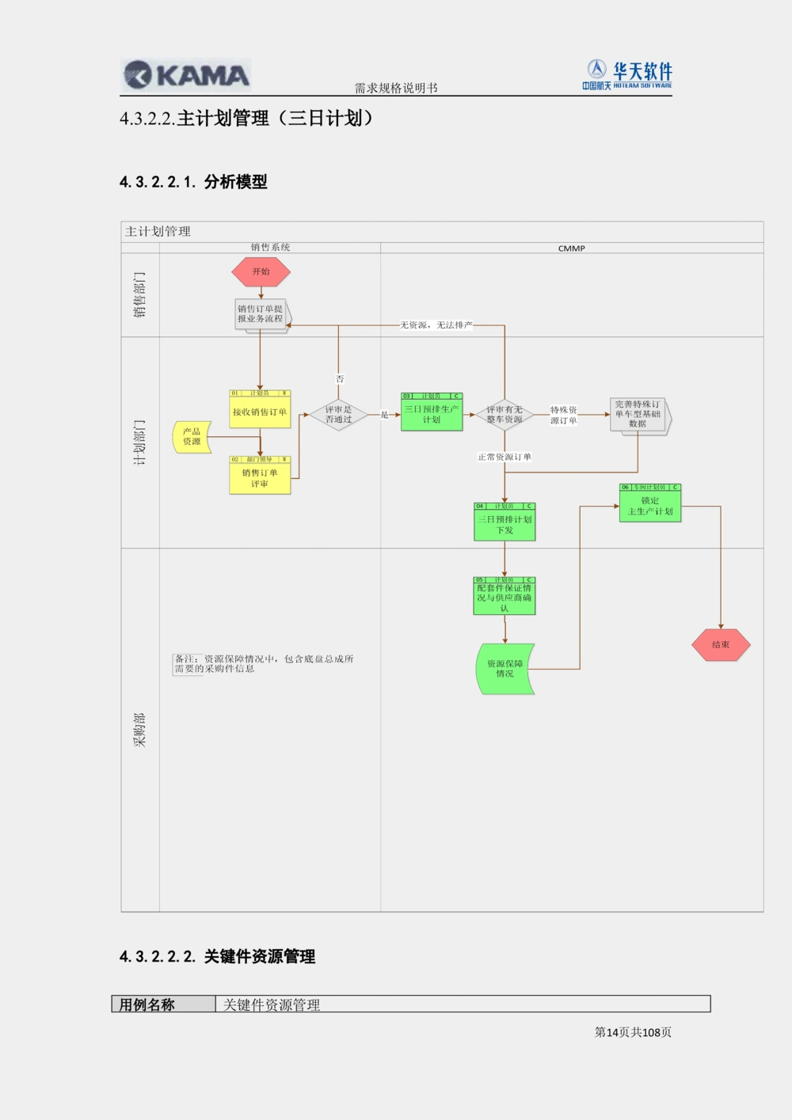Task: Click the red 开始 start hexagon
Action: pos(261,271)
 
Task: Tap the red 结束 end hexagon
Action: pos(720,644)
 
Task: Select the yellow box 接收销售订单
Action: pos(260,411)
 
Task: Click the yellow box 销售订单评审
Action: pos(260,477)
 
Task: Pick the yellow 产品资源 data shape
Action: pos(192,437)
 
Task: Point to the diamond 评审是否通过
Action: pos(338,415)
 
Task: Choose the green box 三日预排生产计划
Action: pos(432,414)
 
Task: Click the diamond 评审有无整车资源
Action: pos(505,415)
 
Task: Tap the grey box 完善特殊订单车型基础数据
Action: pos(638,414)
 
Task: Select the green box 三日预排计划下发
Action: pos(505,524)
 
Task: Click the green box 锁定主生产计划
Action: pos(650,505)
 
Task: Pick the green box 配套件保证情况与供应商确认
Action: pos(505,598)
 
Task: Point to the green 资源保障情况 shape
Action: pos(505,669)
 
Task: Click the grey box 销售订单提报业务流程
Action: pos(261,314)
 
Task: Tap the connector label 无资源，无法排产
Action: pos(436,325)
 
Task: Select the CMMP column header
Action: pos(571,249)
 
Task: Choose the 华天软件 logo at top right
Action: pos(628,75)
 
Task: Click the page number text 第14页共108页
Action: pos(633,1032)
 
